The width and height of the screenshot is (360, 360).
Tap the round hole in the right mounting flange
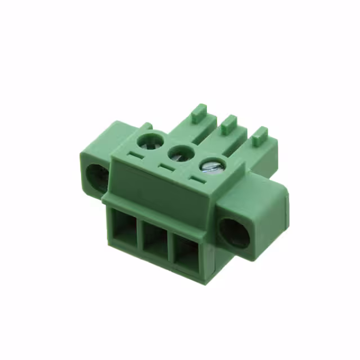pos(233,233)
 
